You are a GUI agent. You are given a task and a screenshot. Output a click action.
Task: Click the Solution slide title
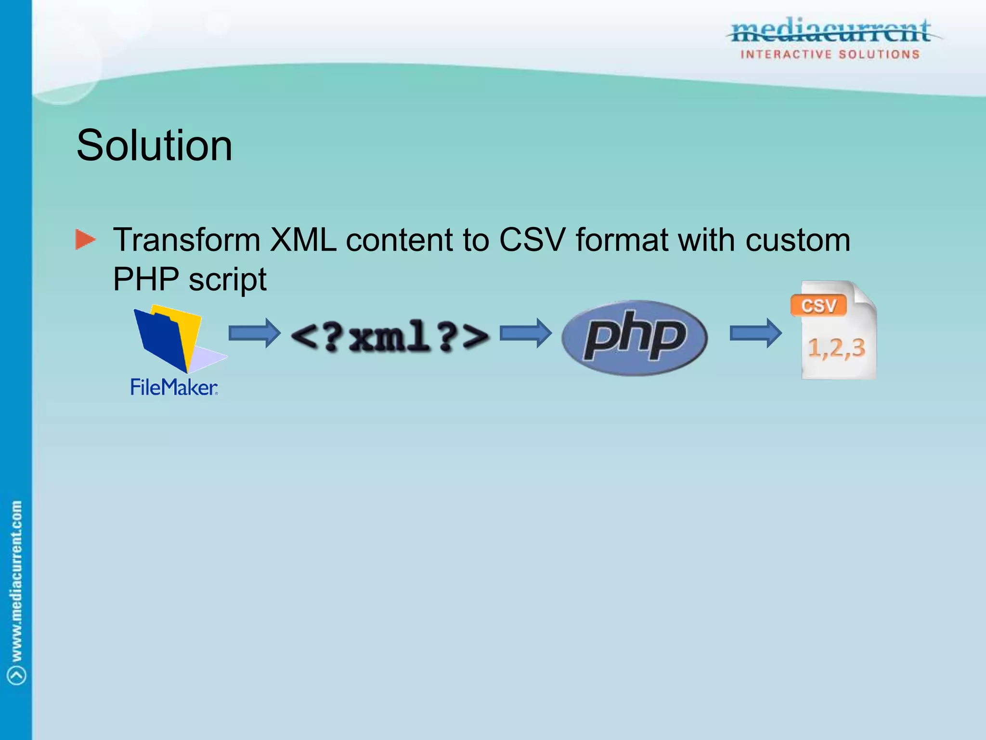tap(155, 145)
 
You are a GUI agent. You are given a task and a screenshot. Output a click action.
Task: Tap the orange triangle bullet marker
tap(85, 239)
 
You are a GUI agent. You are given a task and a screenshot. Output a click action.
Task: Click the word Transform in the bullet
tap(186, 239)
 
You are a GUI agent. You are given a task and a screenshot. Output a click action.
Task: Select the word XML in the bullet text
tap(303, 239)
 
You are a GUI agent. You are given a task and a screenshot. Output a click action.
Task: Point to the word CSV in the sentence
tap(532, 239)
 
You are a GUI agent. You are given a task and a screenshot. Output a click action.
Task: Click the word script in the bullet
tap(227, 280)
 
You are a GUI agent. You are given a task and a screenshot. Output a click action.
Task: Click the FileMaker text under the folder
tap(174, 387)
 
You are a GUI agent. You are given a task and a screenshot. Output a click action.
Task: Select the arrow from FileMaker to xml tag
tap(254, 333)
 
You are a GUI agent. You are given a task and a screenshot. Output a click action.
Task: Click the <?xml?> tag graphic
tap(390, 336)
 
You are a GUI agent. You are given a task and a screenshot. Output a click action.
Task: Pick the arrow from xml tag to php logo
tap(525, 333)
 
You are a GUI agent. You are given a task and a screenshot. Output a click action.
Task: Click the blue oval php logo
tap(634, 337)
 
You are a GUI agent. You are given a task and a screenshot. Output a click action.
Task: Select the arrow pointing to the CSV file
tap(755, 333)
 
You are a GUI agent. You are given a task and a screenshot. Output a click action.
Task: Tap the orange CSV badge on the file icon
tap(818, 305)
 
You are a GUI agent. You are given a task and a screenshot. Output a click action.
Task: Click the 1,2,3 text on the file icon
tap(836, 348)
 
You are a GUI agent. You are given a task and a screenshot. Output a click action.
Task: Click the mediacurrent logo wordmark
tap(830, 31)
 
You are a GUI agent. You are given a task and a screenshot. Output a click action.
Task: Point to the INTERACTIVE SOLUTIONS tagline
tap(830, 54)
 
